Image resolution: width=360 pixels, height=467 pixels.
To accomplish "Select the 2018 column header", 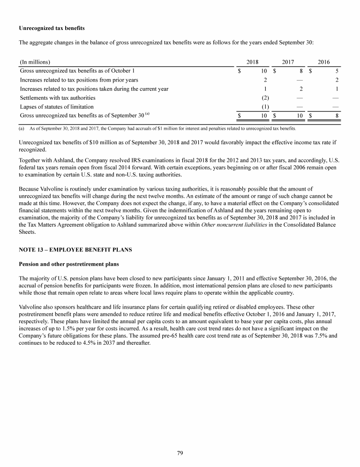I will [253, 62].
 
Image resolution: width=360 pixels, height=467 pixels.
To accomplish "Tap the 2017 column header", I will [288, 62].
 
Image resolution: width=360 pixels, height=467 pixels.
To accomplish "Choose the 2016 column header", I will [324, 62].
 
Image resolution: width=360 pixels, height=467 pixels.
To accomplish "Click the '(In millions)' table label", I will [35, 62].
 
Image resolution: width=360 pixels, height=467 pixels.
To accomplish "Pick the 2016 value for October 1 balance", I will [337, 71].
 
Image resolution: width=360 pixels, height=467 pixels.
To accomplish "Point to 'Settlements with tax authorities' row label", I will [58, 97].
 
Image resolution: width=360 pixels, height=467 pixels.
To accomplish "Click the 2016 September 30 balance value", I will [337, 115].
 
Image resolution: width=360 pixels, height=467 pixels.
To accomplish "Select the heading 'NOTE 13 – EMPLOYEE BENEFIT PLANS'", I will [75, 250].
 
